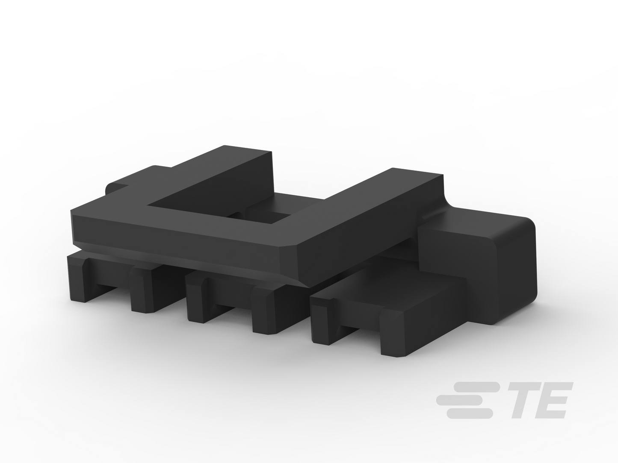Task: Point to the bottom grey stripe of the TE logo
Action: tap(470, 414)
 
